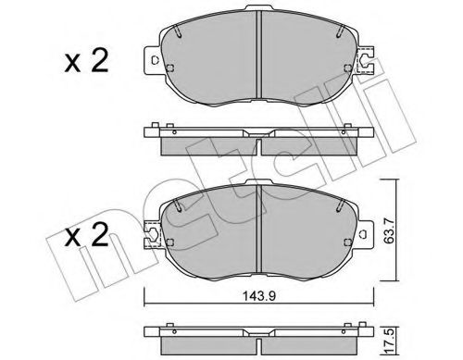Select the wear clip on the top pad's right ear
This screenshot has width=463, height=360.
(x=367, y=64)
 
